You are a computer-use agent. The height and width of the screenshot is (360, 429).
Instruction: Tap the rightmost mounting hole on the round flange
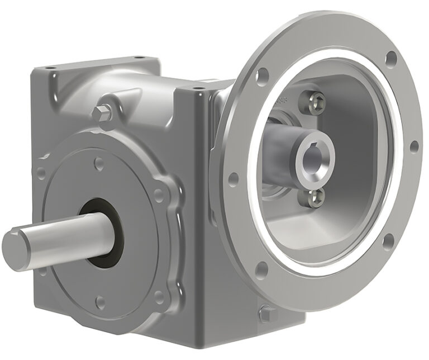413,146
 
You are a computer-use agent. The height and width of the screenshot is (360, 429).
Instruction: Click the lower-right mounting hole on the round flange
387,241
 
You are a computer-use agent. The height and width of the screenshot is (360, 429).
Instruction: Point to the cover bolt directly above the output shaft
99,163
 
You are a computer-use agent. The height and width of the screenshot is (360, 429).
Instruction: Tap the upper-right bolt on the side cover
159,196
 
